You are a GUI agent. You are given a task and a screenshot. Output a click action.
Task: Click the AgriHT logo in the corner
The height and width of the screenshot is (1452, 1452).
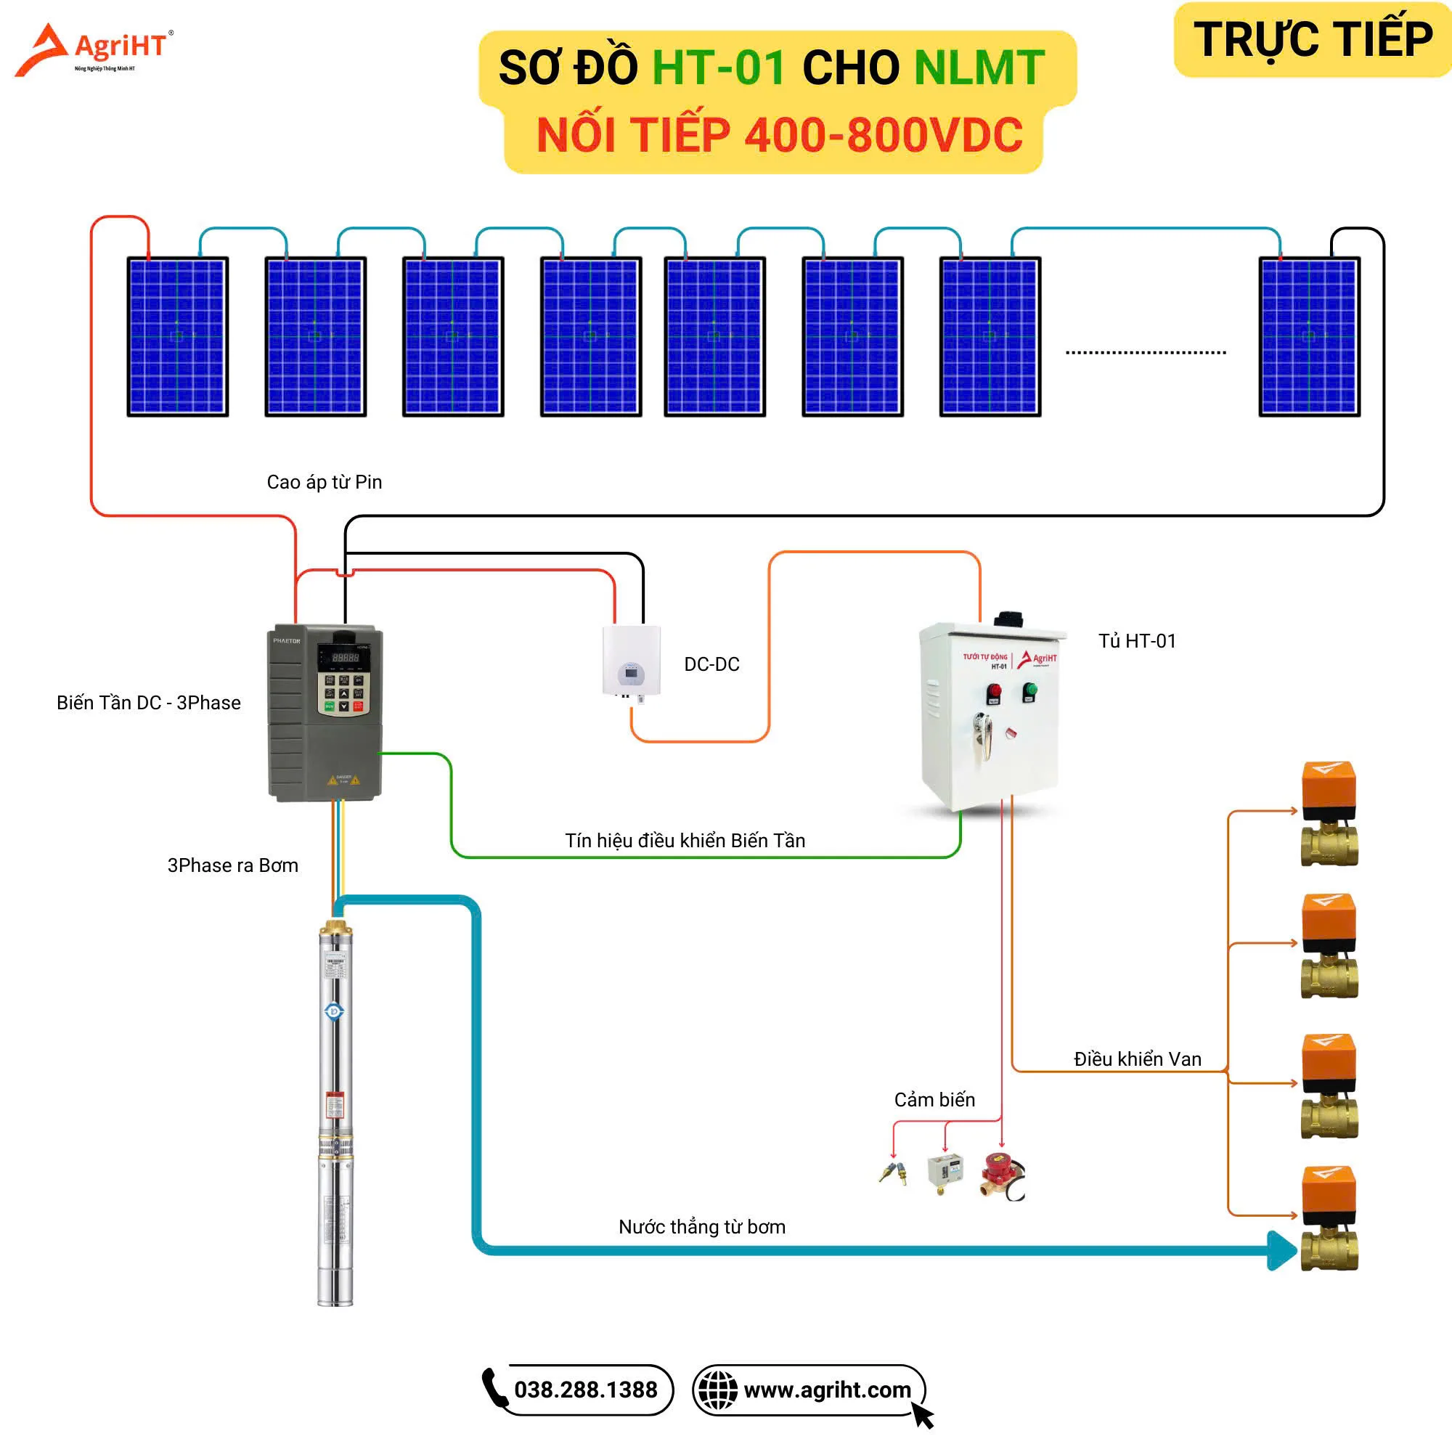pos(94,49)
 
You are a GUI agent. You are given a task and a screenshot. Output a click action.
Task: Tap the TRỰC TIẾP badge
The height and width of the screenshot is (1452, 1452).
pos(1312,39)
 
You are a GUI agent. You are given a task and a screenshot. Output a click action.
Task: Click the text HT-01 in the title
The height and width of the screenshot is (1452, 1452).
pos(719,68)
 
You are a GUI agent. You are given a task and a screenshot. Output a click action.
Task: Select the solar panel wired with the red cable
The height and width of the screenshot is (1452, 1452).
pos(177,336)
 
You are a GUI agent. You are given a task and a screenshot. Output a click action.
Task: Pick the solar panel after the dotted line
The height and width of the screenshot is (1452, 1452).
pos(1308,336)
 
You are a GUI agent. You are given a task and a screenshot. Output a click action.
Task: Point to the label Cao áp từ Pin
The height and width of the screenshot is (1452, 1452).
pos(324,482)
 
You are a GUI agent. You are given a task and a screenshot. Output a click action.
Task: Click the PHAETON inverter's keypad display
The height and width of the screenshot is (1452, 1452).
pos(344,656)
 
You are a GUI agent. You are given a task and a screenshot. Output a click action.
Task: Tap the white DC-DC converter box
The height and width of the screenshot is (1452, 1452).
pos(632,661)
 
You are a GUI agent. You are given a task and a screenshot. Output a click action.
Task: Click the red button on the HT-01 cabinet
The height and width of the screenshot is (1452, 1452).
pos(994,691)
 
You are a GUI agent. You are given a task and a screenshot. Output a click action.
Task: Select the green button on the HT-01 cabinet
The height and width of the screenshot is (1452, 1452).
pos(1030,690)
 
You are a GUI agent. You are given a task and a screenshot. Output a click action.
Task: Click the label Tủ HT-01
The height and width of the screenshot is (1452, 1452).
pos(1136,640)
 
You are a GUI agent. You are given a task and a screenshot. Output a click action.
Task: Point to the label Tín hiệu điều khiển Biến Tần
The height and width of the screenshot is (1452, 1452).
pos(685,840)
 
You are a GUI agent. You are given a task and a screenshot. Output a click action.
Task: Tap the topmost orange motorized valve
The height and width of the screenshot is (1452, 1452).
pos(1329,812)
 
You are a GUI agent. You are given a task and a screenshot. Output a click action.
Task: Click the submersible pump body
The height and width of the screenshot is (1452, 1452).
pos(335,1112)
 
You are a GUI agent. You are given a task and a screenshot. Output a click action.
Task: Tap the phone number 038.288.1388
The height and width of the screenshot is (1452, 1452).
pos(585,1390)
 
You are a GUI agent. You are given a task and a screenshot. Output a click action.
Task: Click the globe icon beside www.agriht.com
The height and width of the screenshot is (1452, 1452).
pos(718,1390)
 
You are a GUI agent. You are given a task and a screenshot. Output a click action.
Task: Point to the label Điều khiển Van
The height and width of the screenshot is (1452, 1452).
pos(1137,1059)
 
